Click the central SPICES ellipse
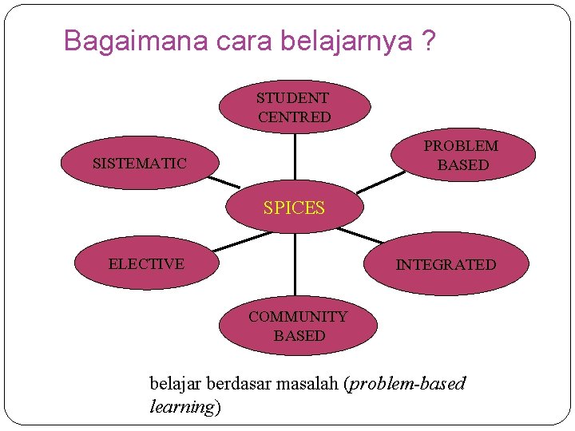pos(295,208)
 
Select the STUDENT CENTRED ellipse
pos(295,107)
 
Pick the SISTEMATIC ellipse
pos(140,164)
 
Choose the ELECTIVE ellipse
pos(146,264)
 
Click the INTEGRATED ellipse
pos(446,264)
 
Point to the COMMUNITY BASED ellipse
pos(298,326)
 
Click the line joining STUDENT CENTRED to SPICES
pos(295,157)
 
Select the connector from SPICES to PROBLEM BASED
pos(379,183)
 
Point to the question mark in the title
pos(430,41)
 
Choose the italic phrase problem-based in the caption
pos(407,384)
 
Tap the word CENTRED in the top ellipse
pos(295,117)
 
